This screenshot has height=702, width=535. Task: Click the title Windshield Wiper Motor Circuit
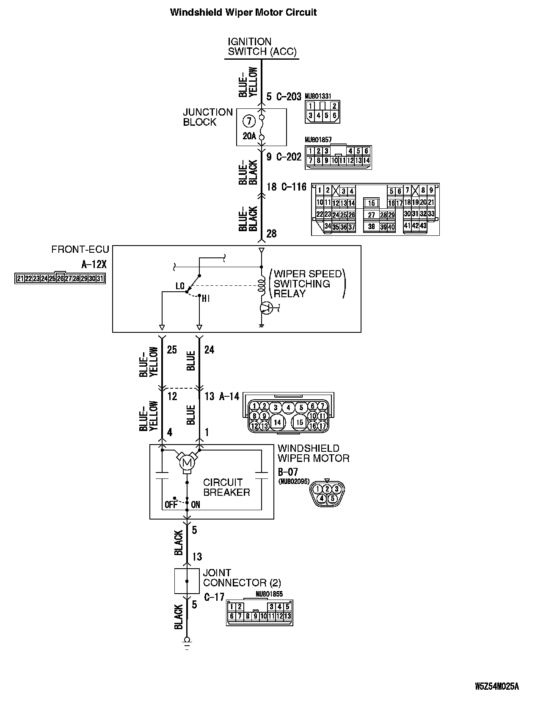coord(243,12)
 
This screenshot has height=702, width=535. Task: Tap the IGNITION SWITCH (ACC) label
coord(262,47)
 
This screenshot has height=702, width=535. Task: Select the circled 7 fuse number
coord(249,122)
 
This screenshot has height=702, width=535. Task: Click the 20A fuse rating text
coord(249,136)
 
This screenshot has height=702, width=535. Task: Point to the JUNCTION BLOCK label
coord(208,117)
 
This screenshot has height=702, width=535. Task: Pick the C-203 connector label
coord(289,97)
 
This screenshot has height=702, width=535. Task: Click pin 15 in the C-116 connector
coord(371,203)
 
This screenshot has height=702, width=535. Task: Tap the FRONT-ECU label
coord(80,249)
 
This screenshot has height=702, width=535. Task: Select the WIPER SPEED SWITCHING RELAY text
coord(307,284)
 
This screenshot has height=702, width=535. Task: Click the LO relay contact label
coord(180,286)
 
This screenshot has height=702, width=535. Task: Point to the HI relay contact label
coord(206,299)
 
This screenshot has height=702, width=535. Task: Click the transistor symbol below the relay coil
coord(267,308)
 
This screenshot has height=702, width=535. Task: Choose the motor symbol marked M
coord(186,462)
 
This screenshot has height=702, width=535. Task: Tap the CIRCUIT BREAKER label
coord(226,487)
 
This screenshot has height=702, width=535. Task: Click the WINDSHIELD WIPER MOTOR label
coord(313,453)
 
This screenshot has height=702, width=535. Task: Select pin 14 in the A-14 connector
coord(277,422)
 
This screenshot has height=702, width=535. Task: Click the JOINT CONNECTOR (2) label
coord(242,578)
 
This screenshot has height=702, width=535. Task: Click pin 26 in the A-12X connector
coord(60,279)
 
